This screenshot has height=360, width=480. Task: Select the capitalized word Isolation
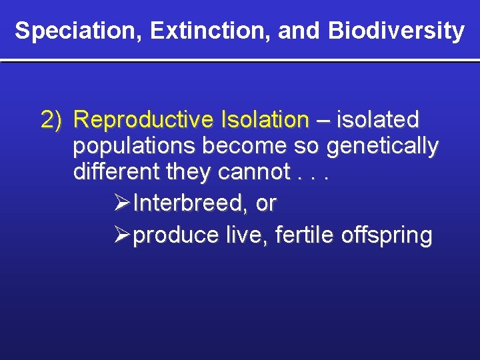tap(262, 120)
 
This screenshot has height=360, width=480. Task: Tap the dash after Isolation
tap(323, 120)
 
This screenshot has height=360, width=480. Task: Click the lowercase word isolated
tap(378, 120)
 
